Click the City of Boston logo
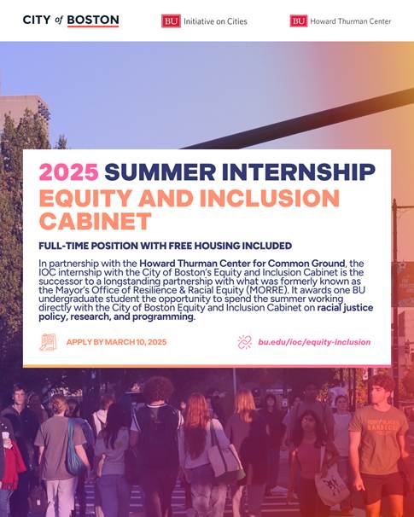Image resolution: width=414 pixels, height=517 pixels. click(71, 20)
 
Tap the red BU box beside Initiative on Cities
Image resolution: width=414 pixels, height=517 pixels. click(171, 21)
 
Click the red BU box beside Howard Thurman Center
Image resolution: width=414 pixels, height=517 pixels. click(299, 21)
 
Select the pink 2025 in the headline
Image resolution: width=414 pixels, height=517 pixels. click(68, 171)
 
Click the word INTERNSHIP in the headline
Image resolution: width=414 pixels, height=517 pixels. click(299, 171)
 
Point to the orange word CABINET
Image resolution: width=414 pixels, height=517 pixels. click(95, 221)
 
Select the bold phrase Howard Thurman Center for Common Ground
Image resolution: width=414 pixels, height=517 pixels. click(242, 264)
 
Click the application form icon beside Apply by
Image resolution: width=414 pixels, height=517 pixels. click(48, 342)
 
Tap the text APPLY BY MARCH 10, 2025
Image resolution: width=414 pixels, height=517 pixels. click(116, 342)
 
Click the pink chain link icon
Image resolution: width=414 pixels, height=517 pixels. click(244, 342)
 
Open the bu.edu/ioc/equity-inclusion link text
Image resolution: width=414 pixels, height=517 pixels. click(314, 342)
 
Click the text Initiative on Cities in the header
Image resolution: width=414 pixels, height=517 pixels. click(215, 21)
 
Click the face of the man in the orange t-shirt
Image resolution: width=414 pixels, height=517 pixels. click(378, 393)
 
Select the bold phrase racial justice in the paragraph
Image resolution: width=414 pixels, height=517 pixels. click(345, 308)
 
